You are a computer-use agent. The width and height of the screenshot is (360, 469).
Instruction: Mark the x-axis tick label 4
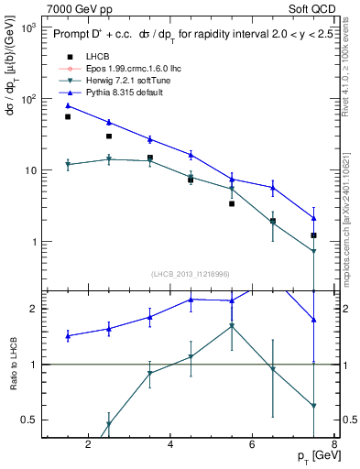point(171,445)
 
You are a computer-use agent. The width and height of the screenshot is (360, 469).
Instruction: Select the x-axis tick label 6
point(254,445)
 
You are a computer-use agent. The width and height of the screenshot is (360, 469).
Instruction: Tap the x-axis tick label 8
point(335,445)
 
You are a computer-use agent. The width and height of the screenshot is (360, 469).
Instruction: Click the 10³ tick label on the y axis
point(27,28)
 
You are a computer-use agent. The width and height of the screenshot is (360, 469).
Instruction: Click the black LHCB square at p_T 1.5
point(68,116)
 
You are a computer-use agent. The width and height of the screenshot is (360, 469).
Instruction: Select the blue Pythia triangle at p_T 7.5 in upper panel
point(314,218)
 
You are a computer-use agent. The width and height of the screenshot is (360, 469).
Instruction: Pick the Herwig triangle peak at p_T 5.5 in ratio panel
point(232,325)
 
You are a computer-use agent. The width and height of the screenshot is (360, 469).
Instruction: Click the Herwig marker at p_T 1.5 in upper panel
point(68,165)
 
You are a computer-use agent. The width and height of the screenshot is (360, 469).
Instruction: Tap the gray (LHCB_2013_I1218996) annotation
point(191,275)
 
